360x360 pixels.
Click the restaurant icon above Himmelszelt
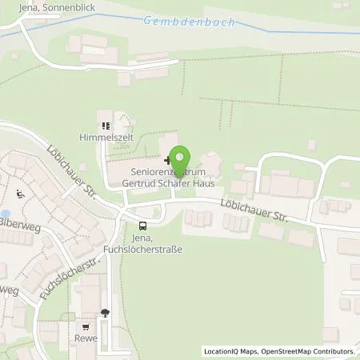(x=106, y=126)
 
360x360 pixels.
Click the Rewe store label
(x=87, y=338)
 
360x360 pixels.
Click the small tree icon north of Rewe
(x=105, y=313)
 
